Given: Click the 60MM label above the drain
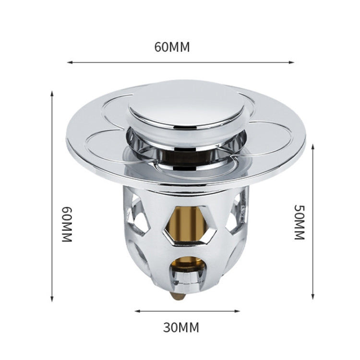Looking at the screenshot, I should point(172,47).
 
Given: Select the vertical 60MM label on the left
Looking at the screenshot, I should point(67,224).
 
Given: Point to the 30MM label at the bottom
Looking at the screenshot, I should point(181,328).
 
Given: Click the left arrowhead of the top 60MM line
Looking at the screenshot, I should point(69,62).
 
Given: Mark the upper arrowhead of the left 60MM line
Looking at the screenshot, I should point(52,93).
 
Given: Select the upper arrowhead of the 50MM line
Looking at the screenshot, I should point(313,145).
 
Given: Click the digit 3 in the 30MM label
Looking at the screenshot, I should point(167,328).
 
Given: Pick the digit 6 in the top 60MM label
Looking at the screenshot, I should point(158,47).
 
